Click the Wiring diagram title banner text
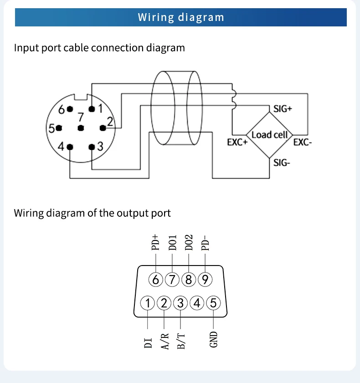coord(181,17)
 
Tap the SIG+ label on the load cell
coord(283,109)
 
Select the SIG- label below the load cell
coord(282,163)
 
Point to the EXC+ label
coord(237,142)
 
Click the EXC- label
coord(303,142)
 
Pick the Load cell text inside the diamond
coord(270,135)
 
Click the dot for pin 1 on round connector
coord(92,109)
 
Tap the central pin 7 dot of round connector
coord(81,128)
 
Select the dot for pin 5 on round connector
coord(59,128)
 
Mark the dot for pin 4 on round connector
coord(70,147)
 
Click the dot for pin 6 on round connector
coord(70,109)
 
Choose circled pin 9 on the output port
coord(205,280)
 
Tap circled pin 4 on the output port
coord(197,303)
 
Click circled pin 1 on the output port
coord(148,303)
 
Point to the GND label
coord(213,339)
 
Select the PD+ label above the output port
coord(155,243)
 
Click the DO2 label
coord(189,243)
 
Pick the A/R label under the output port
coord(165,341)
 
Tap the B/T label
coord(181,341)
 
